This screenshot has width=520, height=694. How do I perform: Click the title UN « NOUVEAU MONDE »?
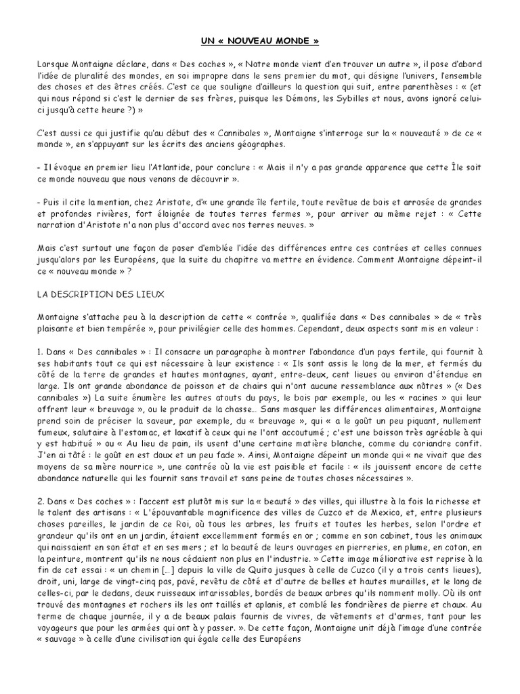pos(259,40)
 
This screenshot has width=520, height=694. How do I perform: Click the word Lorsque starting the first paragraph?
pos(55,63)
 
